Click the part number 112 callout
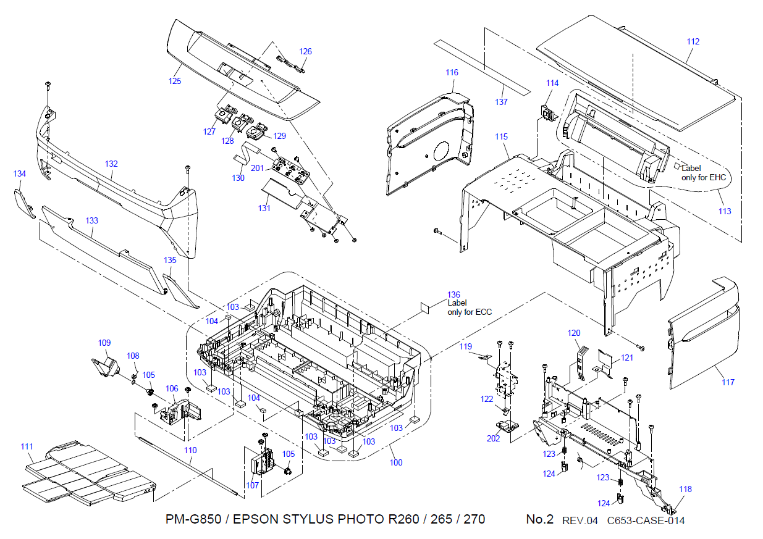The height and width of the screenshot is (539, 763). coord(693,42)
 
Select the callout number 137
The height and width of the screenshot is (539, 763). coord(502,102)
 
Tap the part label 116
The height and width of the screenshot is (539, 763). coord(452,73)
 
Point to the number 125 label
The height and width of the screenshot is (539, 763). coord(175,81)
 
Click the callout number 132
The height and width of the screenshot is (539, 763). coord(111,164)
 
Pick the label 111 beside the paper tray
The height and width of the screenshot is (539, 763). coord(27,446)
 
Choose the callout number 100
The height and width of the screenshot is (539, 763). coord(396,462)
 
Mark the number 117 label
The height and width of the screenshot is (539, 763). coord(728,382)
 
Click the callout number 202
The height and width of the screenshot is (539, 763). coord(493,439)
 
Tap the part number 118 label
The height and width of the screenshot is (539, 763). coord(686,490)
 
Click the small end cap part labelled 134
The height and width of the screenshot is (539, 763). coord(24,204)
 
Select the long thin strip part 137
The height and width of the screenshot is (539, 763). coord(481,68)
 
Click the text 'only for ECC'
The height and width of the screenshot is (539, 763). coord(470,312)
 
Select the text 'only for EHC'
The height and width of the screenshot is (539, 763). coord(706,177)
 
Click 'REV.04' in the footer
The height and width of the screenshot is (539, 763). coord(580,520)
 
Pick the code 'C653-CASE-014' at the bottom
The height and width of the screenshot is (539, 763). coord(646,520)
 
